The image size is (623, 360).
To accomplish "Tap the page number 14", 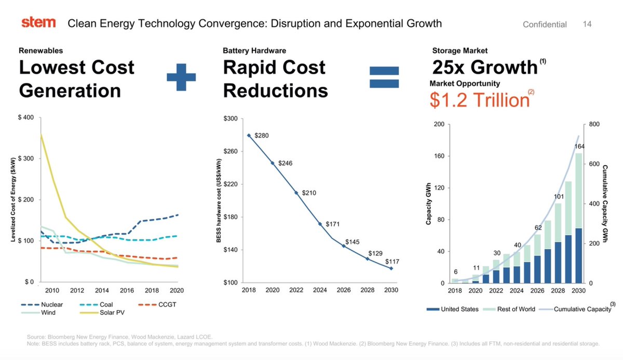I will tap(587, 24).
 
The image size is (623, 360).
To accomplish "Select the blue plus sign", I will tap(181, 77).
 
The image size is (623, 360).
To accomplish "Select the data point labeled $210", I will tap(296, 193).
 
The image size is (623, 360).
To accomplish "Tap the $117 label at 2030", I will tap(391, 261).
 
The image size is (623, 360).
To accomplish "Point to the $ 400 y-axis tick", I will tap(26, 117).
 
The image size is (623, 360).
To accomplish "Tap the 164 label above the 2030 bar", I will tap(580, 146).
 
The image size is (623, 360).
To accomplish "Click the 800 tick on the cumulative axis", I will tap(595, 124).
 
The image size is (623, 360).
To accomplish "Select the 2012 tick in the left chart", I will tap(77, 290).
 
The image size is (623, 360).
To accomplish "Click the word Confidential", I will tap(545, 24).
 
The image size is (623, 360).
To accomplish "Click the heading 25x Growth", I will tap(484, 68).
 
